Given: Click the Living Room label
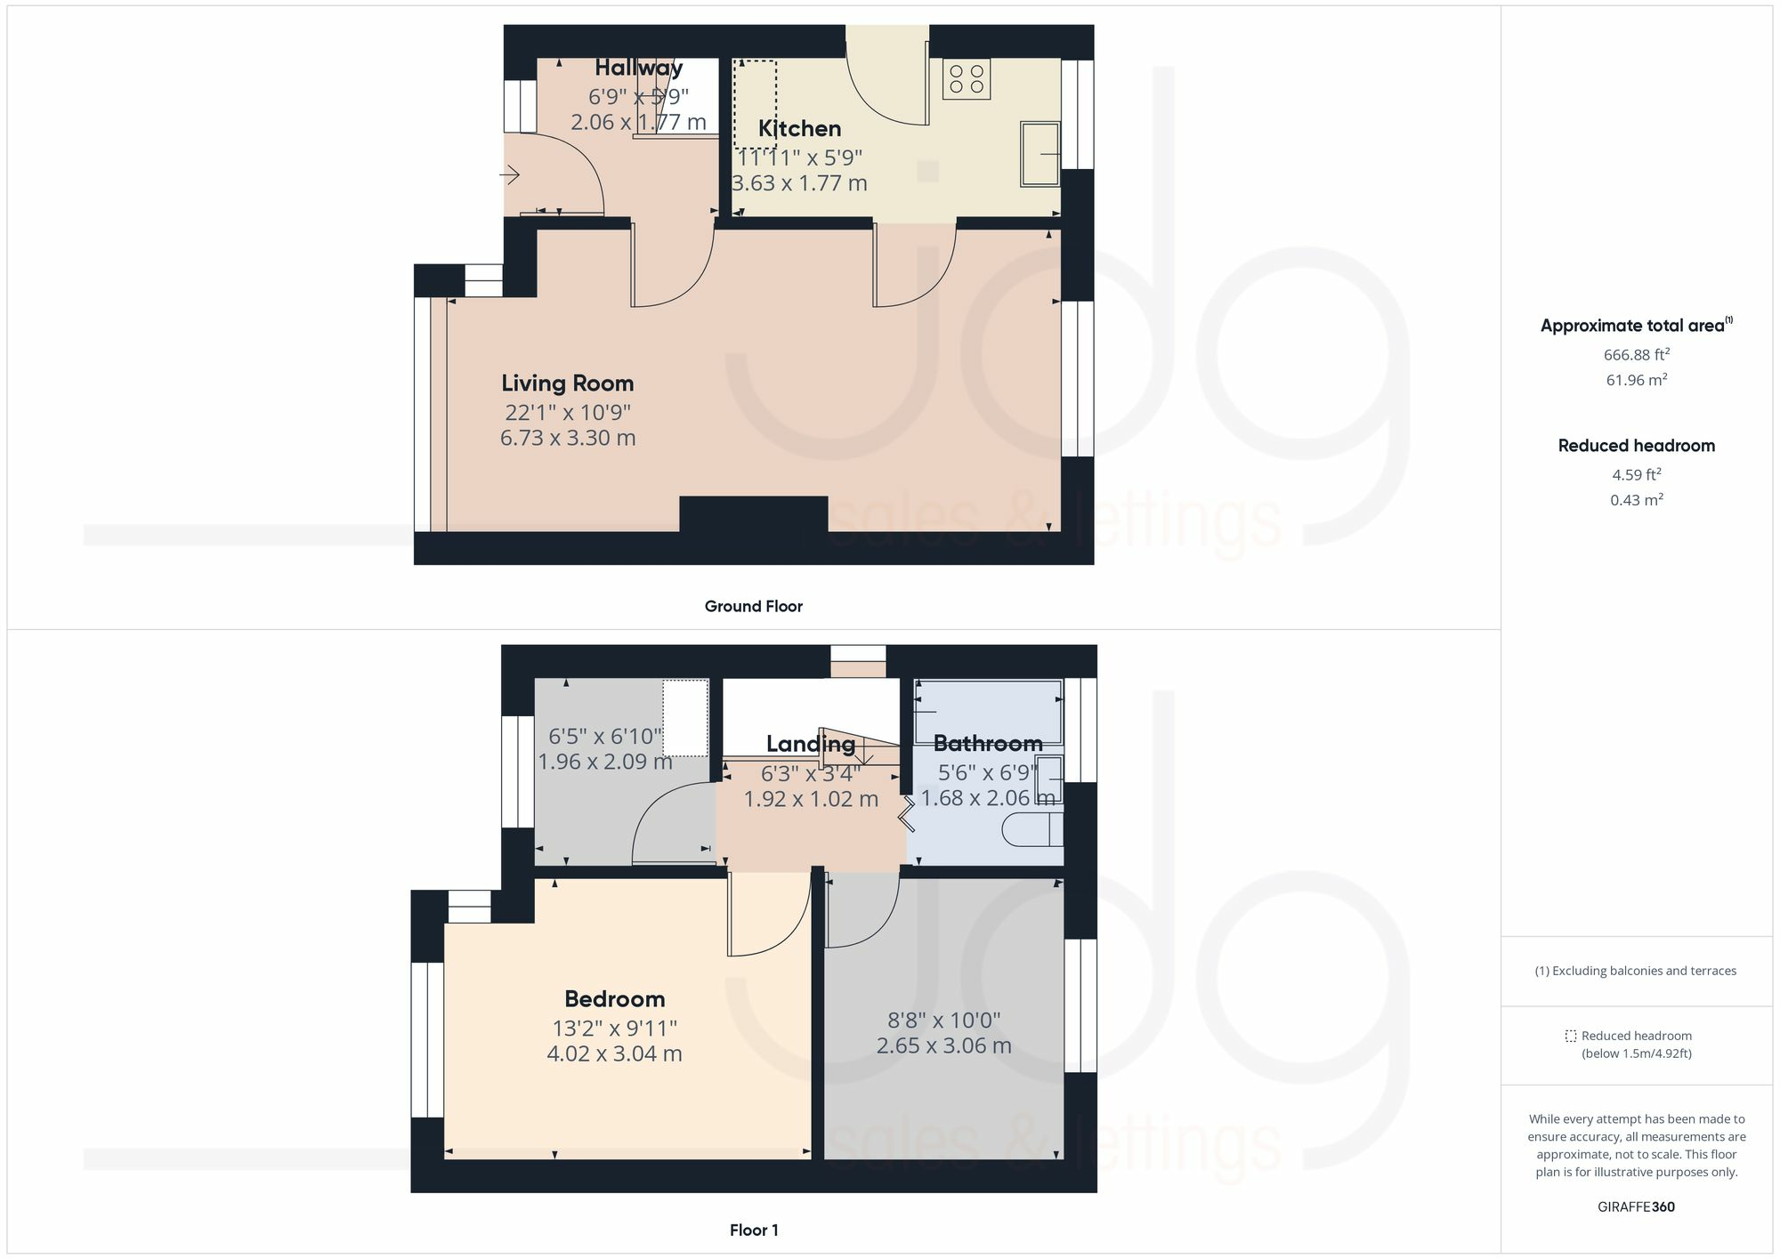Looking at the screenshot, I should point(567,383).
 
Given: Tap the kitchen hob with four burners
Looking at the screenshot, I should point(966,79).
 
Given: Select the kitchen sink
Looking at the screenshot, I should point(1039,154).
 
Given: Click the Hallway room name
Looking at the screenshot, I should point(638,68).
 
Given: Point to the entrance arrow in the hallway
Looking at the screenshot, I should point(509,175).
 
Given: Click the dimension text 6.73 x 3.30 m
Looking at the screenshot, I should point(567,438).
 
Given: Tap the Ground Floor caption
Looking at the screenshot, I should point(753,607).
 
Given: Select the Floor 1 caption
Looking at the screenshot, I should point(753,1231).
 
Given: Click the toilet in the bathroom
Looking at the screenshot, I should point(1032,830).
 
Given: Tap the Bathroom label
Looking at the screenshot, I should point(987,743).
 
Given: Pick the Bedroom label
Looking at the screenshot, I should point(614,999).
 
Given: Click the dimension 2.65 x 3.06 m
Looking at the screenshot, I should point(943,1045).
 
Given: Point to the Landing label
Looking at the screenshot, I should point(810,744).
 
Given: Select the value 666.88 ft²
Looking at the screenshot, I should point(1636,354).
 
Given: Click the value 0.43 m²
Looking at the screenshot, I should point(1636,500).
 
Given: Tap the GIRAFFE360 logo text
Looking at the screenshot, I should point(1636,1207).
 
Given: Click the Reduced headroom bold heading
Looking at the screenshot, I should point(1636,446).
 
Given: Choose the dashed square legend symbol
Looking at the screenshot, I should point(1570,1036).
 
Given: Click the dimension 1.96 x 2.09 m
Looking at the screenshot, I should point(605,762).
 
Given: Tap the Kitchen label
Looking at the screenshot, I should point(799,128).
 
